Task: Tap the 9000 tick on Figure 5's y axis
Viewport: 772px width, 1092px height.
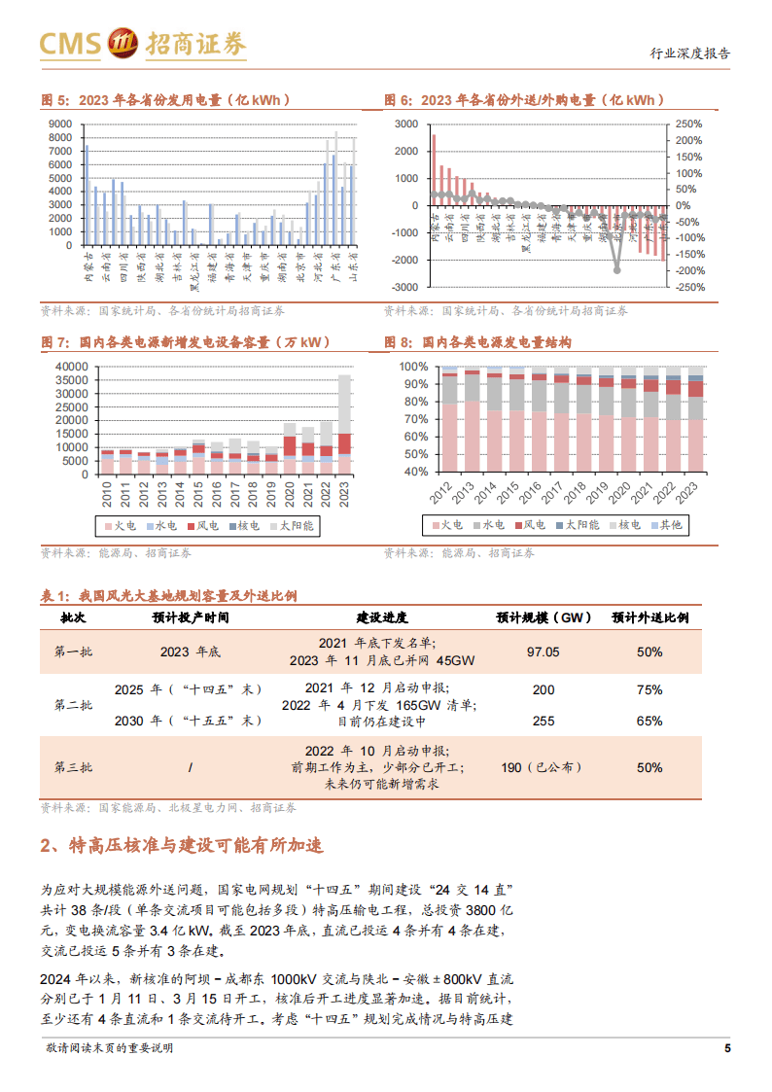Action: [58, 124]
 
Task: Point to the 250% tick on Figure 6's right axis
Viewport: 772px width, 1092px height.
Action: [688, 124]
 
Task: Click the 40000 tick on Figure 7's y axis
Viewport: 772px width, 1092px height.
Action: [72, 367]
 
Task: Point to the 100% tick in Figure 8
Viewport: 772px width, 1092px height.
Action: [414, 367]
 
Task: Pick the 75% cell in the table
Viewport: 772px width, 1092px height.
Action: [649, 689]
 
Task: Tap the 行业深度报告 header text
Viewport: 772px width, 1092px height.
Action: [689, 54]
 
